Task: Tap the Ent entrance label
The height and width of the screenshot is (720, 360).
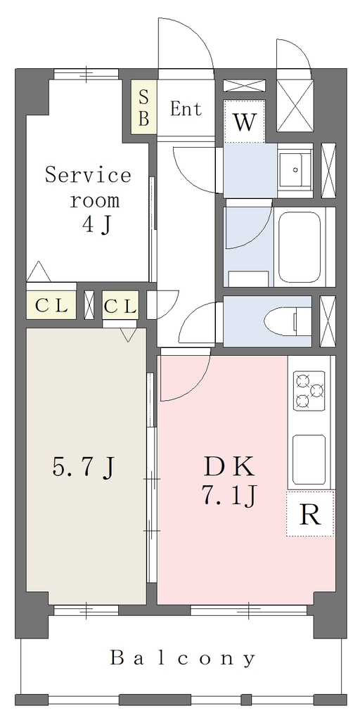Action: tap(186, 109)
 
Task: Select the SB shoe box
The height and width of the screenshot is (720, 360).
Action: tap(143, 108)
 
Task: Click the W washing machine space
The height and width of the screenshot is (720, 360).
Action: tap(244, 121)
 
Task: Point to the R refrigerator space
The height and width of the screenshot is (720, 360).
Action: tap(310, 513)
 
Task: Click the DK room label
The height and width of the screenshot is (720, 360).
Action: tap(229, 468)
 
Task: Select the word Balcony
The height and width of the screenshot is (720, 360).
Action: tap(182, 658)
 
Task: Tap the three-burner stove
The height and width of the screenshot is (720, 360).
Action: tap(309, 390)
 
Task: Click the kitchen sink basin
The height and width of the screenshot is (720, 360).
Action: tap(309, 460)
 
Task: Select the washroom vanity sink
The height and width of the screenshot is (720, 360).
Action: tap(295, 169)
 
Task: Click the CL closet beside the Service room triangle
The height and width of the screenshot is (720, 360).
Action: tap(51, 305)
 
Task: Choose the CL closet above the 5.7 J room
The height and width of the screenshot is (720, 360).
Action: tap(120, 305)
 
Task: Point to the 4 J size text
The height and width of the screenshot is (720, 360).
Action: tap(97, 226)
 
